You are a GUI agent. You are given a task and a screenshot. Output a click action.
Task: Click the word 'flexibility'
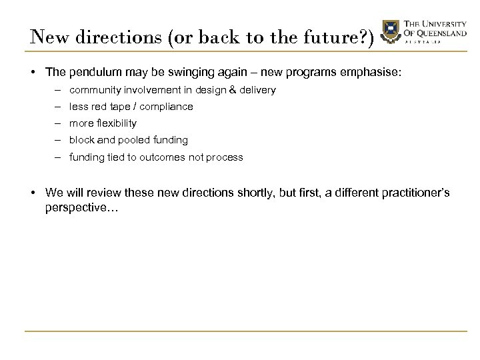point(116,123)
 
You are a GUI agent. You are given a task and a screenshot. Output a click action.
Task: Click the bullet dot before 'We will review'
point(33,193)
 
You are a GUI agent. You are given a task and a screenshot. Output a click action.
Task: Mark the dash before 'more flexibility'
point(59,123)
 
